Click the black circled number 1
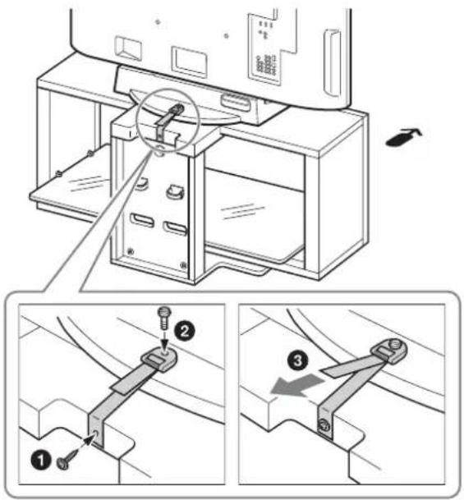coord(40,461)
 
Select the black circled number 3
coord(297,360)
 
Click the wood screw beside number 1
coord(67,459)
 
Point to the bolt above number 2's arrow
coord(164,317)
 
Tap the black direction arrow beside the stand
coord(403,137)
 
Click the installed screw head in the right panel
coord(323,425)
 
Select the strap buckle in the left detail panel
coord(159,360)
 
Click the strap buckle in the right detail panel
coord(389,351)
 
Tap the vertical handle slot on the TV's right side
coord(333,62)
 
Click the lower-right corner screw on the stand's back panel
coord(183,264)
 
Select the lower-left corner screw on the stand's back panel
coord(130,251)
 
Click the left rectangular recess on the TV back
coord(127,48)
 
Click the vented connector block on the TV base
coord(236,102)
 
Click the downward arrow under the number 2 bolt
coord(164,340)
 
